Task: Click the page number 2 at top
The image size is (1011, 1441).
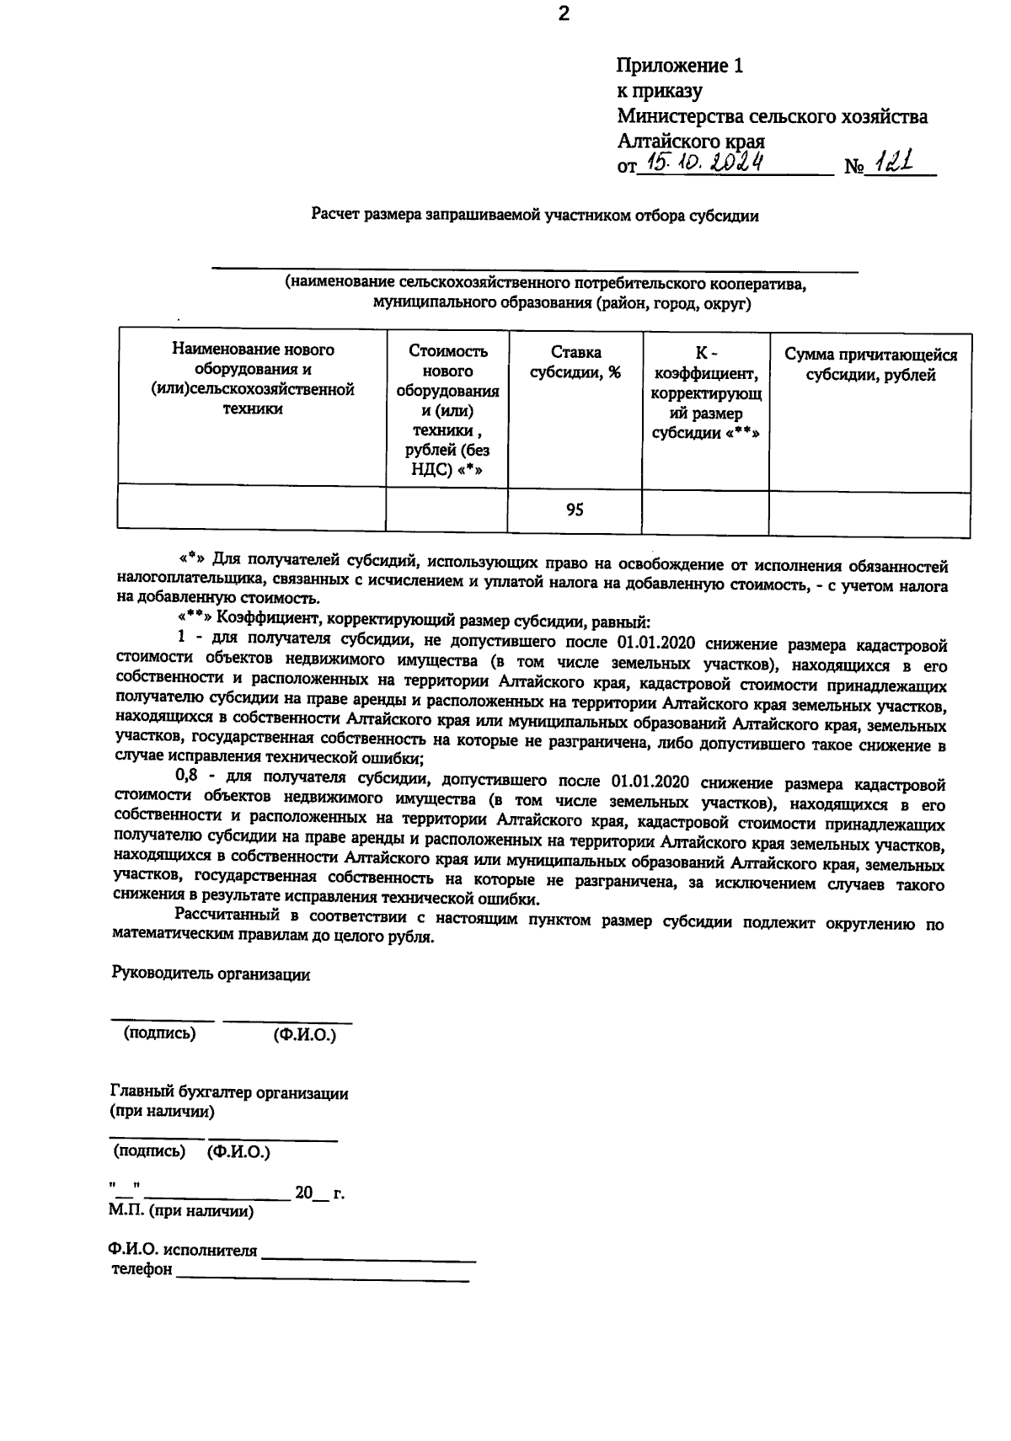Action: (564, 13)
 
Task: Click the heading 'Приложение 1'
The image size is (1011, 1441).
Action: (680, 66)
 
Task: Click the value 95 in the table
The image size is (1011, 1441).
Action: (575, 510)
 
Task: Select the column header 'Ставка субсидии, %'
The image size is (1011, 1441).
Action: (575, 362)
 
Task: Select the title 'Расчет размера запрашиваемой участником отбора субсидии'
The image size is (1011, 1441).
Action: (535, 216)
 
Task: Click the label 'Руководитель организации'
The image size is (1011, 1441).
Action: (211, 974)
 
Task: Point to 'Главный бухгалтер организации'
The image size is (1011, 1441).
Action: (229, 1093)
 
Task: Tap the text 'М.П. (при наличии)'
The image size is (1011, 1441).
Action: (180, 1212)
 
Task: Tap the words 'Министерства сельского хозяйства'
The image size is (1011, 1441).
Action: (772, 116)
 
